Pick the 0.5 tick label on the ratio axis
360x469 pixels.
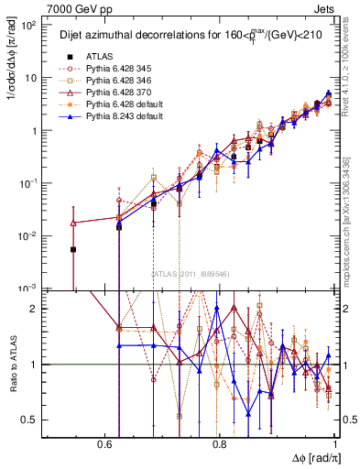click(28, 420)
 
